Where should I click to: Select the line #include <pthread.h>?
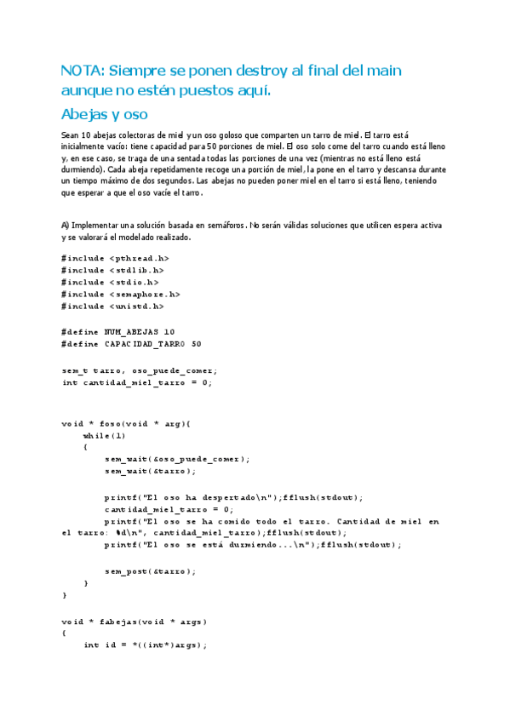tap(115, 257)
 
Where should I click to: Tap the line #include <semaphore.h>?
tap(121, 294)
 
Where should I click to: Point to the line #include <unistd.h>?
tap(112, 306)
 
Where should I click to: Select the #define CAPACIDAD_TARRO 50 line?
tap(131, 344)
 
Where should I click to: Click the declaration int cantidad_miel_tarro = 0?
tap(136, 382)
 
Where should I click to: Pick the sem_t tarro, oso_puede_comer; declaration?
tap(140, 370)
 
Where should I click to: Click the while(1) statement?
tap(99, 435)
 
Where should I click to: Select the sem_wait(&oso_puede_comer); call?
tap(177, 459)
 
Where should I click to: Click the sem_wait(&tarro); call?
tap(150, 471)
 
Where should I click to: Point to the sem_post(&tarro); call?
tap(150, 570)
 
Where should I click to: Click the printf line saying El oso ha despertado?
tap(234, 497)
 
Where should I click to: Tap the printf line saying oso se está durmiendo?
tap(252, 545)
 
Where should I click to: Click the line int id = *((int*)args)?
tap(146, 645)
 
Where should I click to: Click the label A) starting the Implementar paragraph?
tap(66, 225)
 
